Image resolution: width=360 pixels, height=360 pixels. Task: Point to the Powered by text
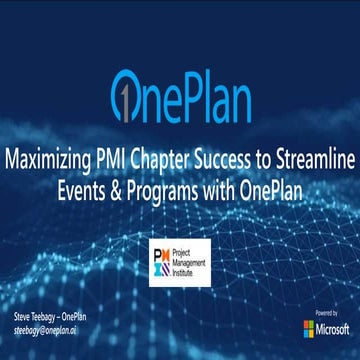point(326,312)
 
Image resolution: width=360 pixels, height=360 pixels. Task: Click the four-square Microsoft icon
point(309,328)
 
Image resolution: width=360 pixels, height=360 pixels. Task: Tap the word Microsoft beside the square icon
point(334,328)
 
